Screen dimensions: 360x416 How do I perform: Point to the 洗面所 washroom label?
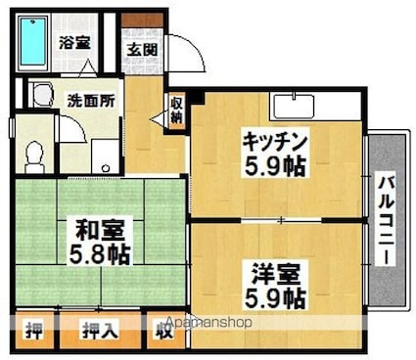click(x=90, y=100)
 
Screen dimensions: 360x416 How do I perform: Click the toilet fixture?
click(x=33, y=155)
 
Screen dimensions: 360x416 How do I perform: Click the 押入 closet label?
click(x=99, y=331)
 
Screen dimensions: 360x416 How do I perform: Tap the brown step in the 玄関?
click(x=141, y=19)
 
